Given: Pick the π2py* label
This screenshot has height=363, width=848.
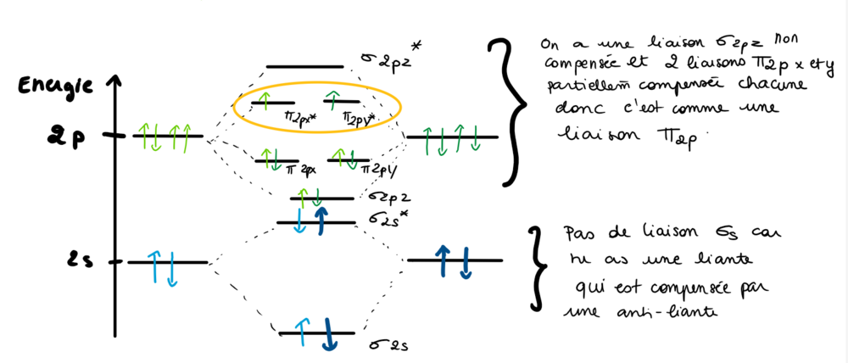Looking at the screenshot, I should [x=361, y=116].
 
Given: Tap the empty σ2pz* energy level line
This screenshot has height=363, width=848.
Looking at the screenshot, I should [x=304, y=66].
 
